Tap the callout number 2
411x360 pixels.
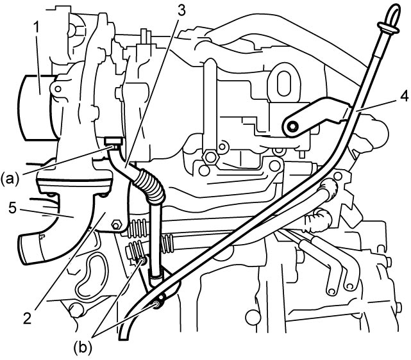(x=27, y=318)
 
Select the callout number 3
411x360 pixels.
(x=180, y=11)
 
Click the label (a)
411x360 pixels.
(x=10, y=179)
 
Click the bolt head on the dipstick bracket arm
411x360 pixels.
(x=292, y=127)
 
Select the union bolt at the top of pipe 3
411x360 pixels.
(x=113, y=142)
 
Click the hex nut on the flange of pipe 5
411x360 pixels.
(x=117, y=225)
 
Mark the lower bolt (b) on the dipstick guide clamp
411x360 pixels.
(x=157, y=304)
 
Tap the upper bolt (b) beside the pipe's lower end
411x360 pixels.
(x=144, y=261)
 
